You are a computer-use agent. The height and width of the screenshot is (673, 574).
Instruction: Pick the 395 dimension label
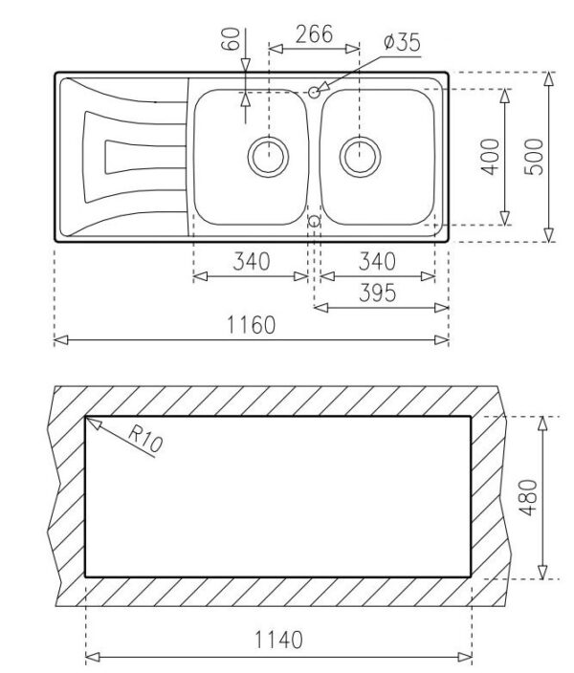377,293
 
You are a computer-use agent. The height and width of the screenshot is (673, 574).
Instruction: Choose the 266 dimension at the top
314,33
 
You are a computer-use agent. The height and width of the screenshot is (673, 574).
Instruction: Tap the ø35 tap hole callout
402,42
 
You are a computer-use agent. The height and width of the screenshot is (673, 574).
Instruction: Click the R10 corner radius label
145,438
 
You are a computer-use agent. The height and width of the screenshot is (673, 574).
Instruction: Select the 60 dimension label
232,38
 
